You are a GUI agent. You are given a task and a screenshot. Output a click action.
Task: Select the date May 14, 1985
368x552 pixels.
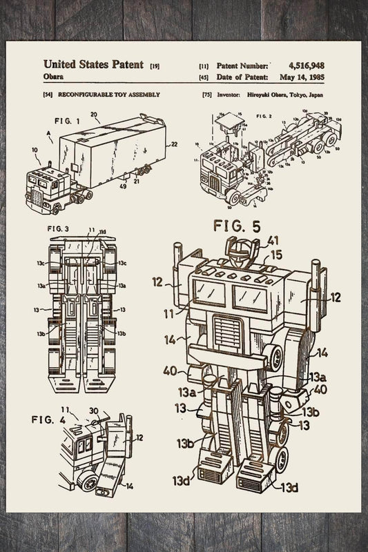pyautogui.click(x=302, y=77)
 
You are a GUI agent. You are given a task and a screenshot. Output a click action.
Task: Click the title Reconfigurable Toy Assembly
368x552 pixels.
pyautogui.click(x=109, y=95)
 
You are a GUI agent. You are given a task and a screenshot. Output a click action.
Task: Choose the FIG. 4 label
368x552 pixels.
pyautogui.click(x=48, y=419)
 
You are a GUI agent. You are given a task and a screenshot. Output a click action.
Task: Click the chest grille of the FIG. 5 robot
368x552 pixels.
pyautogui.click(x=227, y=332)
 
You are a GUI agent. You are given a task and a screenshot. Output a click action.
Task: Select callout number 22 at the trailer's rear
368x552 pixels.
pyautogui.click(x=173, y=144)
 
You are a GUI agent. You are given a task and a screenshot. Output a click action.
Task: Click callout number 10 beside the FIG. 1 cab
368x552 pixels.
pyautogui.click(x=35, y=149)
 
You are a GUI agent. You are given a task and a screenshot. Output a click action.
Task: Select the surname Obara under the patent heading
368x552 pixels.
pyautogui.click(x=54, y=77)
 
